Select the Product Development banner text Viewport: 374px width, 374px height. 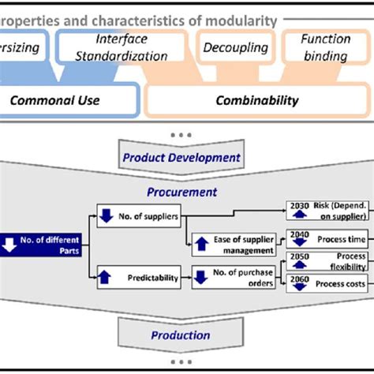[181, 157]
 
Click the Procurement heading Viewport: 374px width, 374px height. [181, 191]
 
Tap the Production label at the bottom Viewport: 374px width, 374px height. [181, 335]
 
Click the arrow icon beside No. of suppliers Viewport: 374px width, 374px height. [106, 215]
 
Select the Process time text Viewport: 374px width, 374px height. [340, 240]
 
